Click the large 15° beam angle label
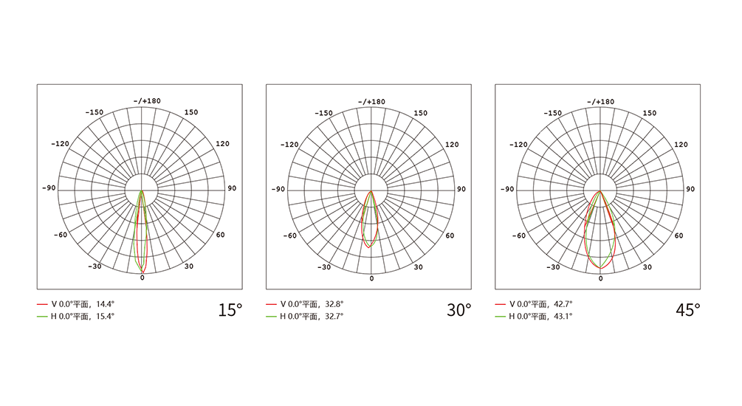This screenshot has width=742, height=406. point(230,310)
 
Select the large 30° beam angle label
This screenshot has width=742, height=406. point(459,310)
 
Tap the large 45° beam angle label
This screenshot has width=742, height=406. point(688,310)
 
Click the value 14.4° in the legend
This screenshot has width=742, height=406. point(105,304)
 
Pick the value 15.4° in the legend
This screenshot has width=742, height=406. point(105,316)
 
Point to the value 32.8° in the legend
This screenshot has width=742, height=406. point(334,304)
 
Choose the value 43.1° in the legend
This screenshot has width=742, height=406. point(563,316)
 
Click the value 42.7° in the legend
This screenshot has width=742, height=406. point(563,304)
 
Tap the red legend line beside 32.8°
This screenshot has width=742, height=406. point(271,304)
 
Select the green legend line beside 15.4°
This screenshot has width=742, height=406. point(42,317)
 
